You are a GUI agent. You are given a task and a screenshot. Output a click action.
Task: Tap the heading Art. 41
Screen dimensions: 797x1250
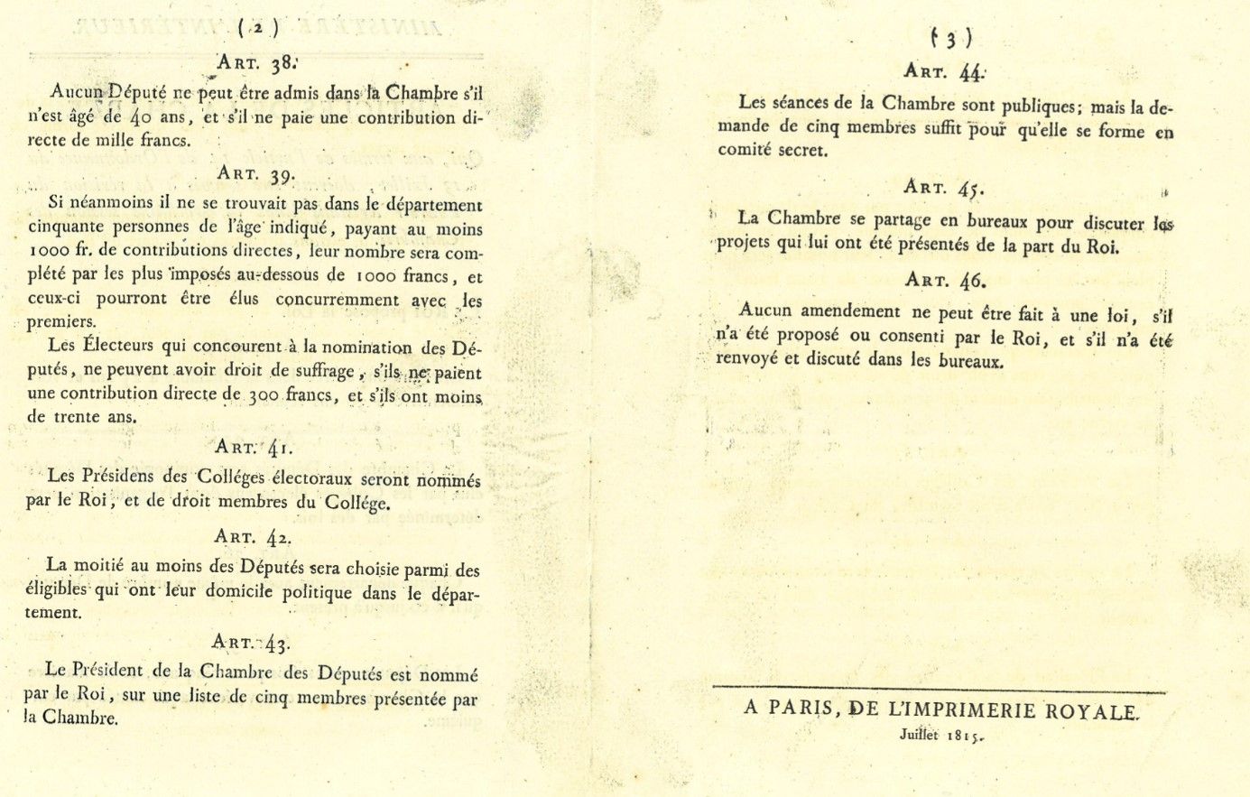pos(254,446)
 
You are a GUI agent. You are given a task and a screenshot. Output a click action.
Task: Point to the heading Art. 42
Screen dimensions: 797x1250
pos(253,536)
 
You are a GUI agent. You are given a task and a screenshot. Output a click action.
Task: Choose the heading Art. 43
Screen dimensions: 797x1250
pos(250,642)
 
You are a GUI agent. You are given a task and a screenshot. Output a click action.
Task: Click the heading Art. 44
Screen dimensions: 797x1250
pos(944,72)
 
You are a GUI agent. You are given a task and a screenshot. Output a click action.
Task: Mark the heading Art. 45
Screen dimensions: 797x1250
pos(944,188)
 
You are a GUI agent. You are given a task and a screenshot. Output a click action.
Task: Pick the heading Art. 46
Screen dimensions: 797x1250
pos(944,280)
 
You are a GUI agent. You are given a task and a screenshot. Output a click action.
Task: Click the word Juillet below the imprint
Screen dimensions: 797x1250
pos(919,735)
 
